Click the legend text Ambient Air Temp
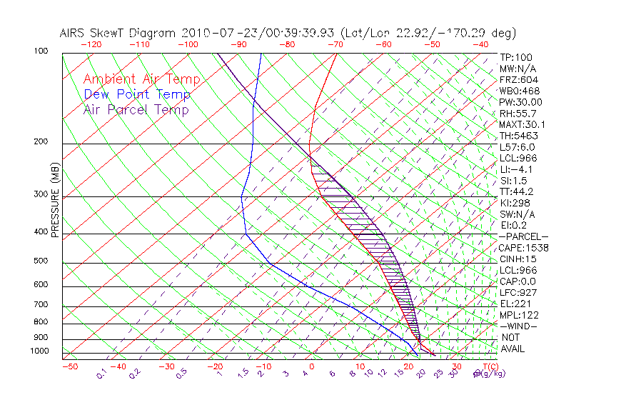141,79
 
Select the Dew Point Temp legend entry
136,94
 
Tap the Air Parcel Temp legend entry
136,109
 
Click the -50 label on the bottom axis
69,366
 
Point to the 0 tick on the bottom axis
312,366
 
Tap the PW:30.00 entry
520,102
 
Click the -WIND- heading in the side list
517,326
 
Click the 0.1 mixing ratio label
101,373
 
